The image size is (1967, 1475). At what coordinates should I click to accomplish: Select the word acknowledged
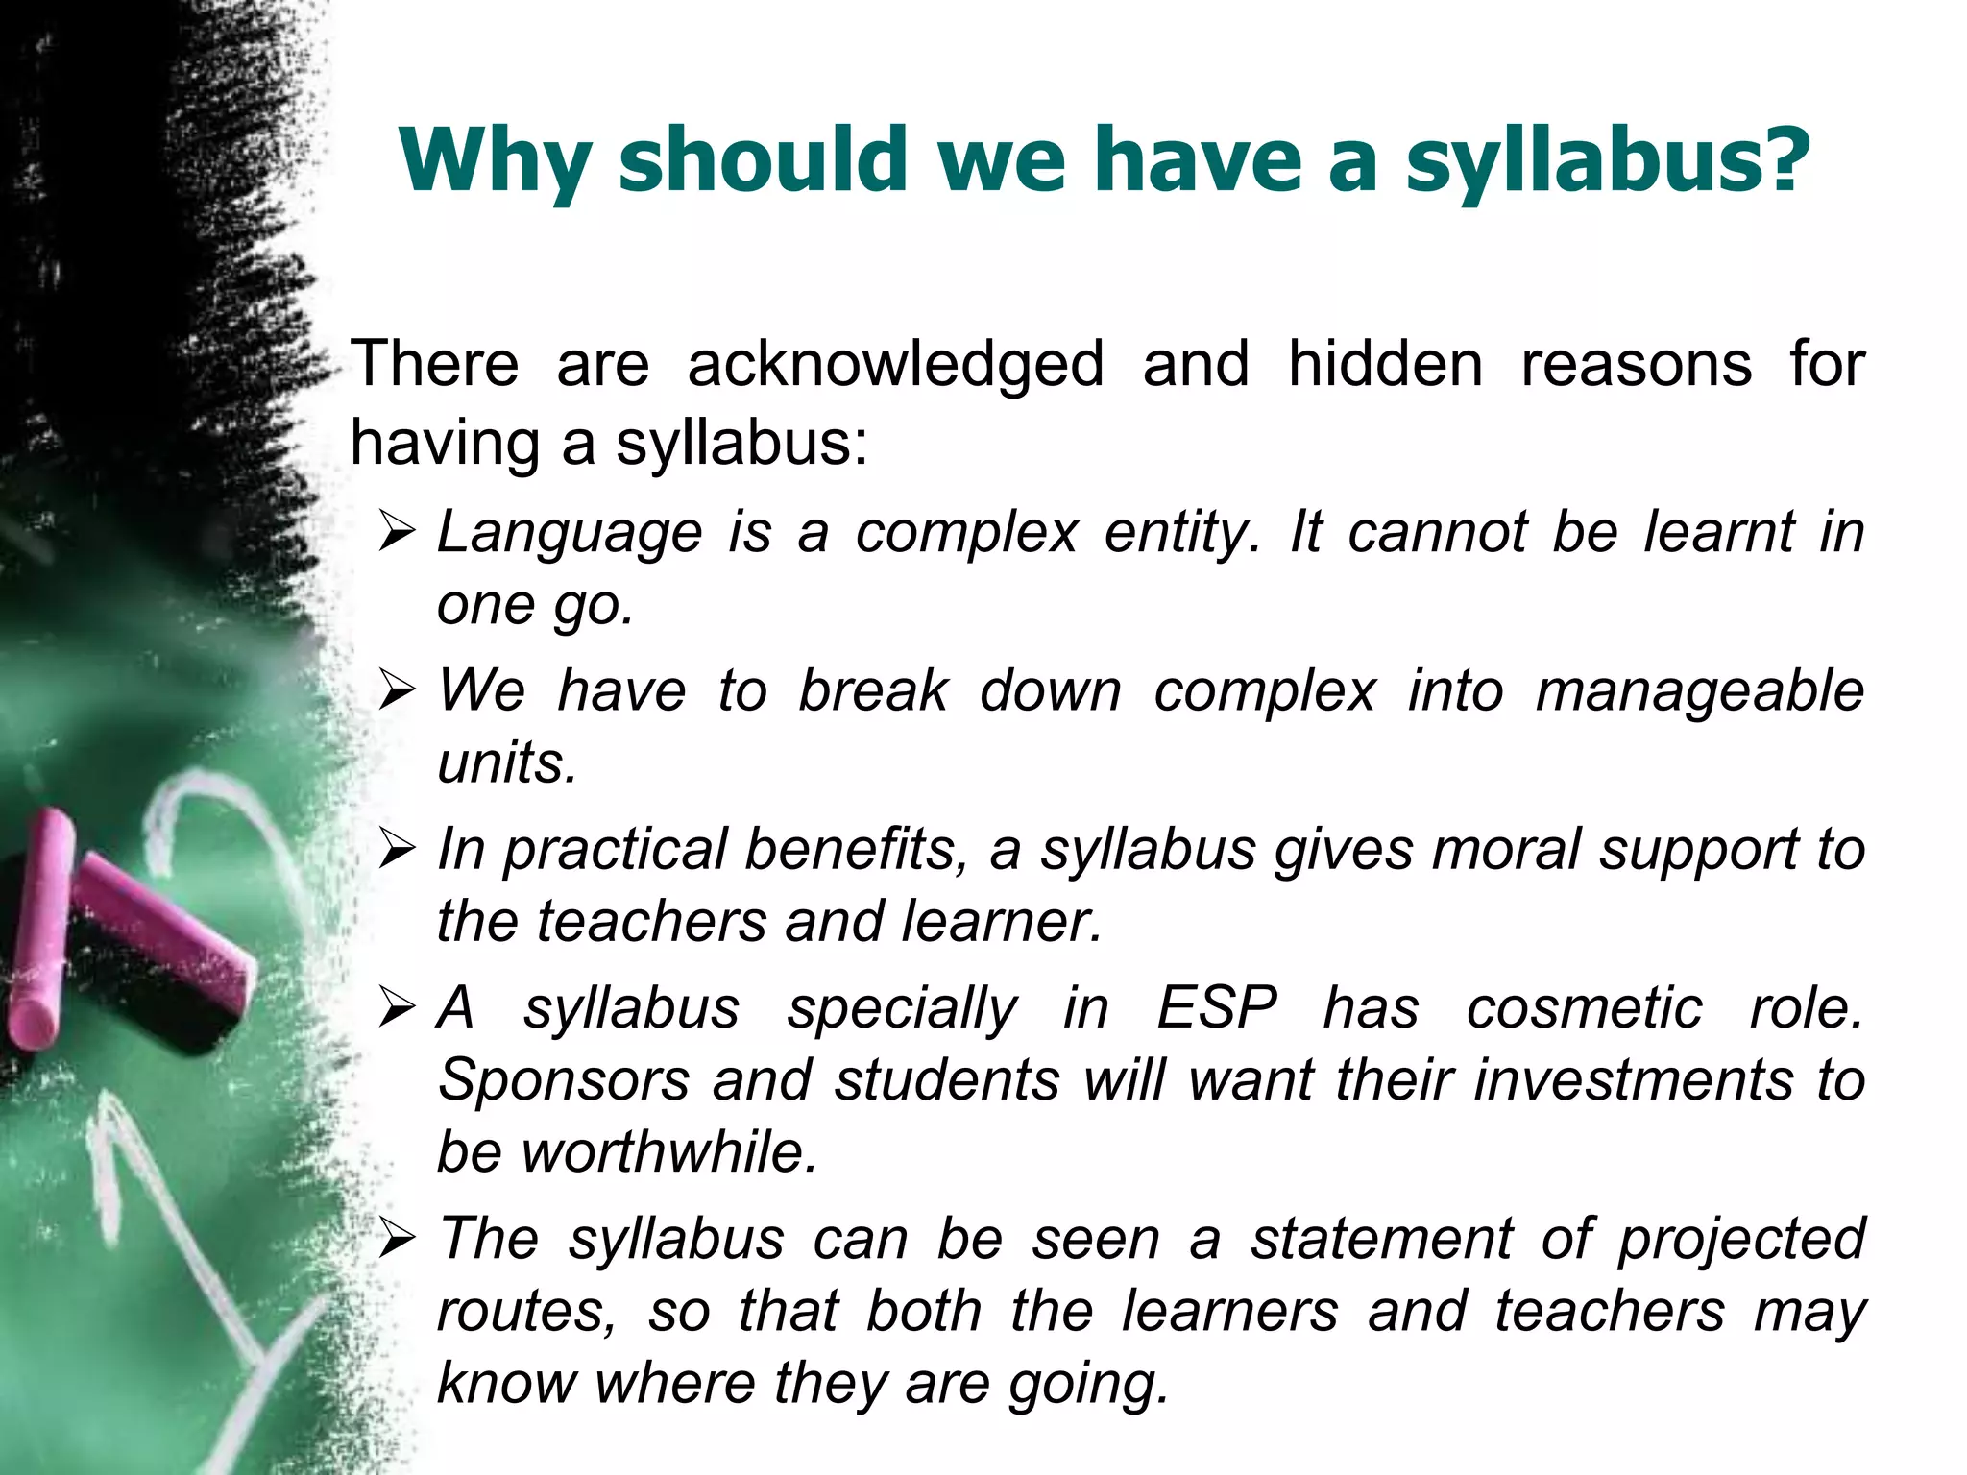tap(895, 365)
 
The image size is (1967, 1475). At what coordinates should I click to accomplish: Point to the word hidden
tap(1385, 365)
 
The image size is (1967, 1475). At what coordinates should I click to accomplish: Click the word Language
tap(570, 534)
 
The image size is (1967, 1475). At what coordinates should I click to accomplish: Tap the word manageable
tap(1700, 692)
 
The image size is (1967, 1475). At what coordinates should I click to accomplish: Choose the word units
tap(507, 764)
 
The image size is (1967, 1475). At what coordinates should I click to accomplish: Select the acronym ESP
tap(1217, 1009)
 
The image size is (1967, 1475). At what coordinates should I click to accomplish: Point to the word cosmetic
tap(1585, 1009)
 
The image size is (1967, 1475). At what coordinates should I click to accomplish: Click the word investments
tap(1634, 1081)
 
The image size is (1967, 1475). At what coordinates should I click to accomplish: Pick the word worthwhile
tap(669, 1152)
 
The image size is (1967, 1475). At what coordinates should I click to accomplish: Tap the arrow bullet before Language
tap(397, 532)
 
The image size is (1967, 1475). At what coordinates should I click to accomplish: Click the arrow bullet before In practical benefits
tap(397, 849)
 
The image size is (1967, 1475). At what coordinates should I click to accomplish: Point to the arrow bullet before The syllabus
tap(397, 1239)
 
